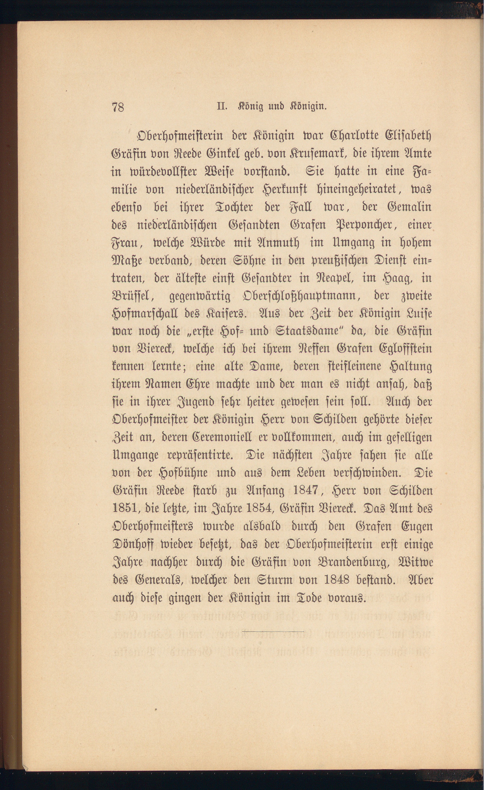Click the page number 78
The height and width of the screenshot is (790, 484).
pyautogui.click(x=118, y=107)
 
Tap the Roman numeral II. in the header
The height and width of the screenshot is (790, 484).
pyautogui.click(x=222, y=106)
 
